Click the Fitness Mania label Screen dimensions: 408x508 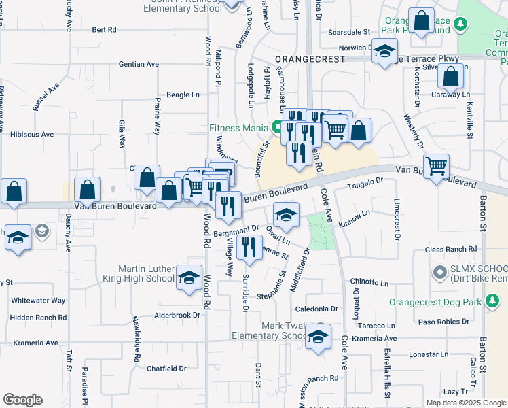(239, 127)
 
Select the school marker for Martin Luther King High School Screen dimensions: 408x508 (189, 277)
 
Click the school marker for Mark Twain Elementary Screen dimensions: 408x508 (318, 337)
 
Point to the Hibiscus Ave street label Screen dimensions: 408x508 (32, 135)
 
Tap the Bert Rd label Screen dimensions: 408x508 (104, 30)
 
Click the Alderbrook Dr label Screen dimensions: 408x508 (177, 316)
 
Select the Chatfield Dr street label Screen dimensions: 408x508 (167, 369)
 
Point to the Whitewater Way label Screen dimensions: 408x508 (38, 300)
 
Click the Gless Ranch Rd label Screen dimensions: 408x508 (451, 250)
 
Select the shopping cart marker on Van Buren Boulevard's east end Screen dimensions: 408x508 (435, 165)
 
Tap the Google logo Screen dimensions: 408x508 (23, 400)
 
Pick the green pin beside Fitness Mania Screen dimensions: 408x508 (277, 126)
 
